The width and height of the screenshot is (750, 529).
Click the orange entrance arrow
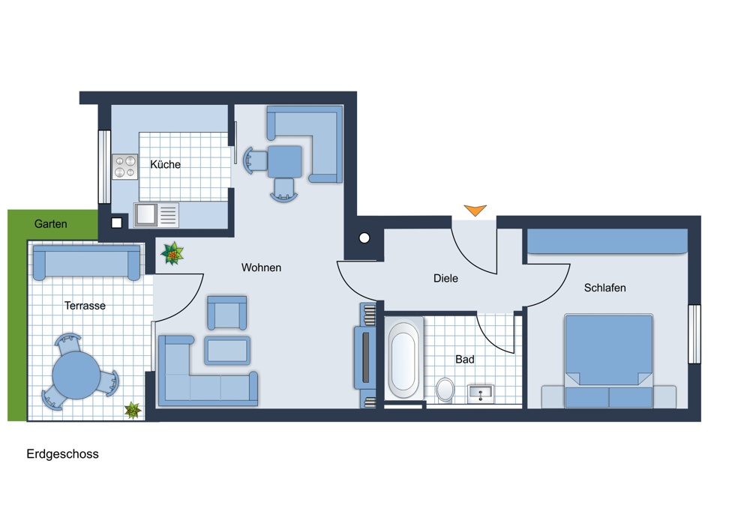[475, 210]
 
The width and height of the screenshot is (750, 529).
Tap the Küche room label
[166, 164]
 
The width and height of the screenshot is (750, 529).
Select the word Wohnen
[261, 267]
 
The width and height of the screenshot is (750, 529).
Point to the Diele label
[445, 278]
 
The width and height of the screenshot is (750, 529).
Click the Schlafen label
[605, 288]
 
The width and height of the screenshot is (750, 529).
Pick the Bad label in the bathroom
[465, 360]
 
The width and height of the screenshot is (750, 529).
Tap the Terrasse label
[85, 306]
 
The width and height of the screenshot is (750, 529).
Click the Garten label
[51, 223]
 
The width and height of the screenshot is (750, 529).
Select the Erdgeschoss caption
[63, 454]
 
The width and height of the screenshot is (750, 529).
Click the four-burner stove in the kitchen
[124, 166]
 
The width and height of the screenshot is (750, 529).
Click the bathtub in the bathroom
[403, 360]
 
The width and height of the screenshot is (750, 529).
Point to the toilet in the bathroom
[445, 390]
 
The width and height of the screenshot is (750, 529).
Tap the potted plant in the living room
[172, 253]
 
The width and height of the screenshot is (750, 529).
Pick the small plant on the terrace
[133, 410]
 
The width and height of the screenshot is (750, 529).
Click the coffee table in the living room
[227, 351]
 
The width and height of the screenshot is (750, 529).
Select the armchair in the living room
[227, 313]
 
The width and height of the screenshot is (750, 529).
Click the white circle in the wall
[364, 238]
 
